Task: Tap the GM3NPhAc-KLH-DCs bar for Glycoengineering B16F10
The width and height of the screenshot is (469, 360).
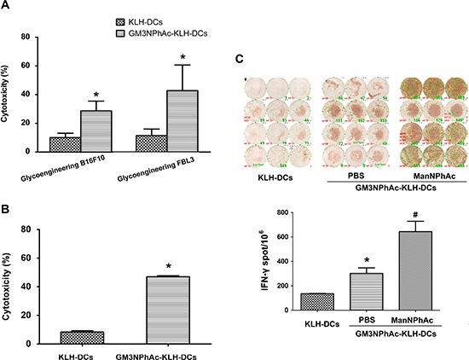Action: click(x=96, y=131)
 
